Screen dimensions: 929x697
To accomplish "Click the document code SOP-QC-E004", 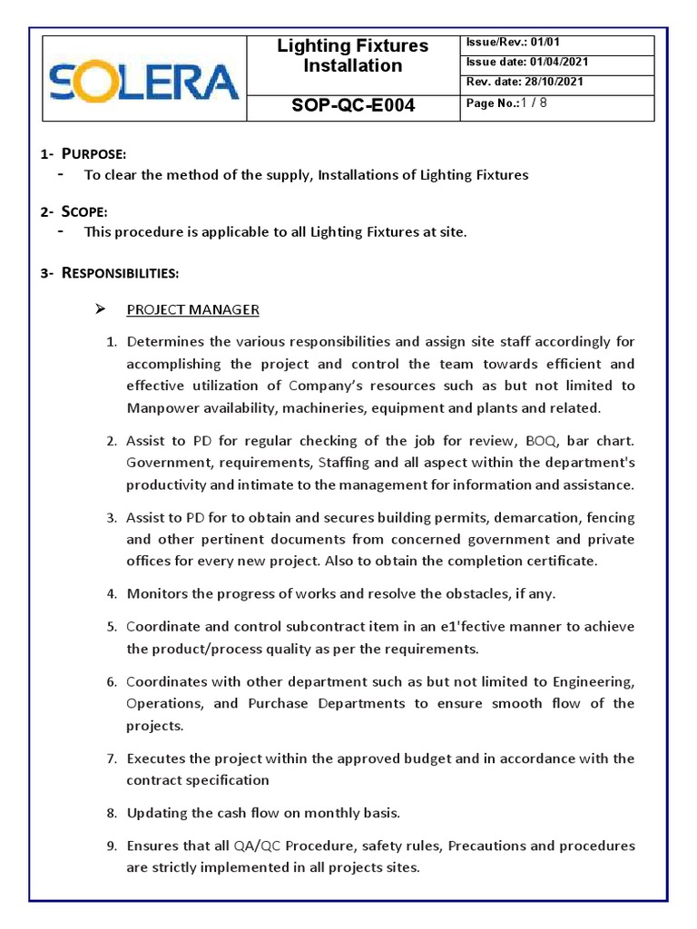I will pyautogui.click(x=353, y=105).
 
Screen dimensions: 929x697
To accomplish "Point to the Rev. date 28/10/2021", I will pyautogui.click(x=525, y=83).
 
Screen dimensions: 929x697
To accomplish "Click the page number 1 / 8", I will pyautogui.click(x=506, y=103).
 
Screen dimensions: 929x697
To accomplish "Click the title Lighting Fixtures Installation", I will pyautogui.click(x=353, y=56).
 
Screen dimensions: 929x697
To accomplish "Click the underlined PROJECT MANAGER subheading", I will pyautogui.click(x=192, y=310).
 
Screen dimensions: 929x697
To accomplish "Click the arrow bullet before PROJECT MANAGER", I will pyautogui.click(x=102, y=310).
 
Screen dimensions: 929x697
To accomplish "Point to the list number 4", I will pyautogui.click(x=112, y=594).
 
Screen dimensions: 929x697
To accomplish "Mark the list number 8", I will pyautogui.click(x=112, y=813).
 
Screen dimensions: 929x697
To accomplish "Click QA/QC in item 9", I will pyautogui.click(x=257, y=846).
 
